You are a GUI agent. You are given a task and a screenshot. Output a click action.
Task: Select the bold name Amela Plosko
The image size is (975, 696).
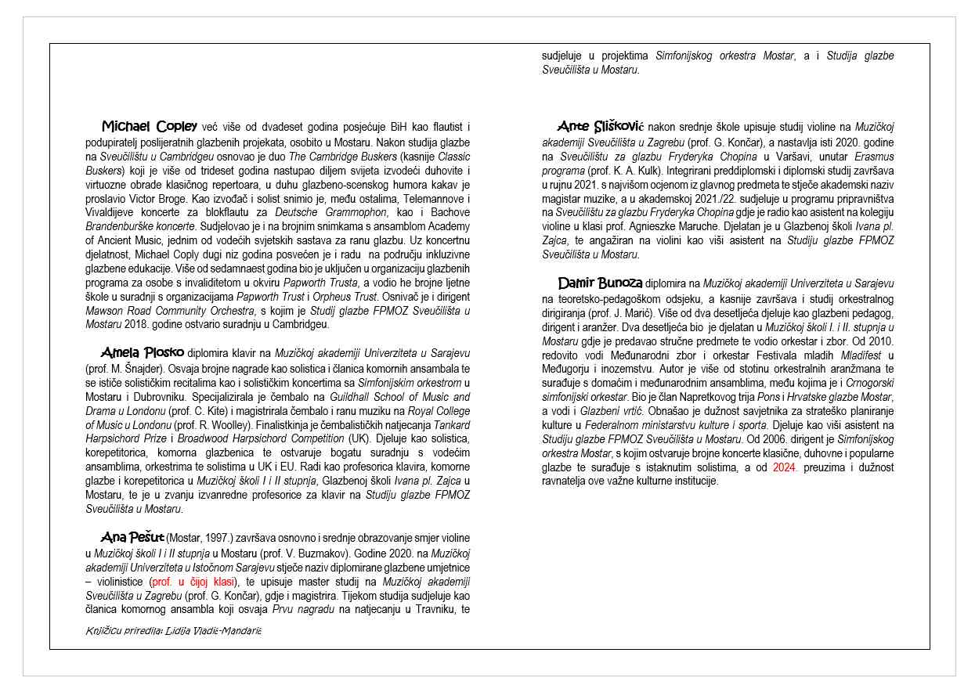(x=142, y=352)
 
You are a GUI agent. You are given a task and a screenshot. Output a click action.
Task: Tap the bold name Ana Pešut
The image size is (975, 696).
(x=132, y=537)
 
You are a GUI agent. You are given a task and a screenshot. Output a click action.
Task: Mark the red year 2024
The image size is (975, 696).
(x=784, y=467)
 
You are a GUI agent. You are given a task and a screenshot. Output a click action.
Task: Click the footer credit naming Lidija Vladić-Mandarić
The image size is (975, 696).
(x=173, y=630)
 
